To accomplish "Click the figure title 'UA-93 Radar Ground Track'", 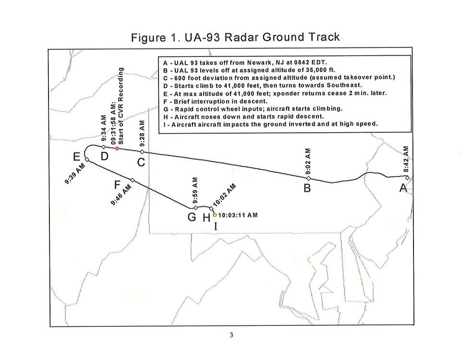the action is pos(262,37).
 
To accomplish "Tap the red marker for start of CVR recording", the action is pos(117,148).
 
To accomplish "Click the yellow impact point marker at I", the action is pos(215,215).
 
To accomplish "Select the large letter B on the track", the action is pos(307,188).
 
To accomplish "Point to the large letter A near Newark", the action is pos(403,188).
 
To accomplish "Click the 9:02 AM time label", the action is pos(308,161).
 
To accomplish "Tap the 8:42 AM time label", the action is pos(406,159).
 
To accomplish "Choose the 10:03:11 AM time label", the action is pos(238,215).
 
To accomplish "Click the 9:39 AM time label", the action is pos(75,173).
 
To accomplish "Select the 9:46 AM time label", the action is pos(121,195).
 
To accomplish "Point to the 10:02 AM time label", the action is pos(224,195).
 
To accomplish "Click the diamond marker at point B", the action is pos(308,179).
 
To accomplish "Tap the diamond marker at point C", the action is pos(142,152).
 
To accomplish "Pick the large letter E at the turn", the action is pos(77,157).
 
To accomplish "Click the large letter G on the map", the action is pos(192,217).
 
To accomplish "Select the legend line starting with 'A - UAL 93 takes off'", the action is pos(245,62).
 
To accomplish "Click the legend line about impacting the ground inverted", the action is pos(270,124).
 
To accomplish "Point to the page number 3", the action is pos(231,335).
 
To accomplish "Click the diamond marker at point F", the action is pos(133,180).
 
